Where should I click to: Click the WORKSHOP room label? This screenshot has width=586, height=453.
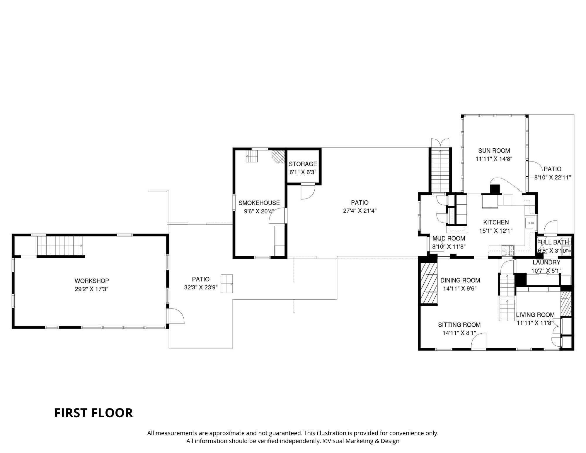click(91, 281)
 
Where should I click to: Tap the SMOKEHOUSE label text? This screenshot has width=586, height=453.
click(259, 203)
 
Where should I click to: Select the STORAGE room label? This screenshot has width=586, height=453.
click(303, 164)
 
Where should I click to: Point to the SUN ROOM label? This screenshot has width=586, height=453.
click(494, 151)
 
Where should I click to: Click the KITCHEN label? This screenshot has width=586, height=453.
click(496, 222)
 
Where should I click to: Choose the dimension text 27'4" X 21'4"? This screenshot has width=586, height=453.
click(360, 211)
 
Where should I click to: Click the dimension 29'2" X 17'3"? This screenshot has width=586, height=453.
click(91, 289)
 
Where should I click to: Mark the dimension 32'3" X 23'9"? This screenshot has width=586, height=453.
click(201, 287)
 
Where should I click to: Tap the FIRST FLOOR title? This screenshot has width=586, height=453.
click(93, 413)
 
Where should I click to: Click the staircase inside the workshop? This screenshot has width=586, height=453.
click(60, 246)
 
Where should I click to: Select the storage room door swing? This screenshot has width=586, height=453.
click(308, 192)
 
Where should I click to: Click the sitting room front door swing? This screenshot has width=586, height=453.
click(479, 340)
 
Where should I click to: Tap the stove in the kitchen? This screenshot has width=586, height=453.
click(507, 250)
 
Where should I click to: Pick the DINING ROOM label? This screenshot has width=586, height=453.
click(460, 280)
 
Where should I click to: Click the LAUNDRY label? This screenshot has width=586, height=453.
click(546, 262)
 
